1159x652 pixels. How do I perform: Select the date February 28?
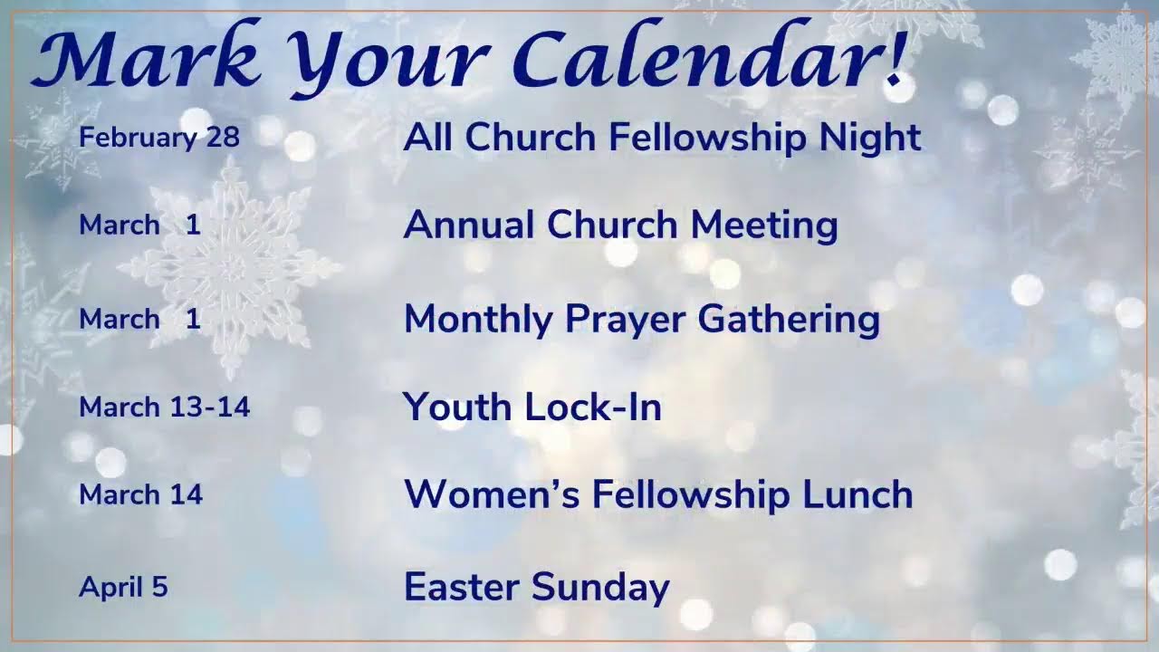pyautogui.click(x=159, y=138)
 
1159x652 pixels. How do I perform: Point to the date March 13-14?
pyautogui.click(x=164, y=407)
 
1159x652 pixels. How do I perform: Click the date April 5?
pyautogui.click(x=123, y=587)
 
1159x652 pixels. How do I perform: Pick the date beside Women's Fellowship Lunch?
pyautogui.click(x=141, y=494)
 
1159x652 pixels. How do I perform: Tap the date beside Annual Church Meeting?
pyautogui.click(x=139, y=225)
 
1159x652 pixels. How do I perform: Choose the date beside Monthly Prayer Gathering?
pyautogui.click(x=139, y=319)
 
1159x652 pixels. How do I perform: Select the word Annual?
pyautogui.click(x=469, y=225)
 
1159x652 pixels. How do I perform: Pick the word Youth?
pyautogui.click(x=458, y=407)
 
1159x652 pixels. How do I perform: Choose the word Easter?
pyautogui.click(x=462, y=587)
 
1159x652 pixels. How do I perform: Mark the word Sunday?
pyautogui.click(x=601, y=588)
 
